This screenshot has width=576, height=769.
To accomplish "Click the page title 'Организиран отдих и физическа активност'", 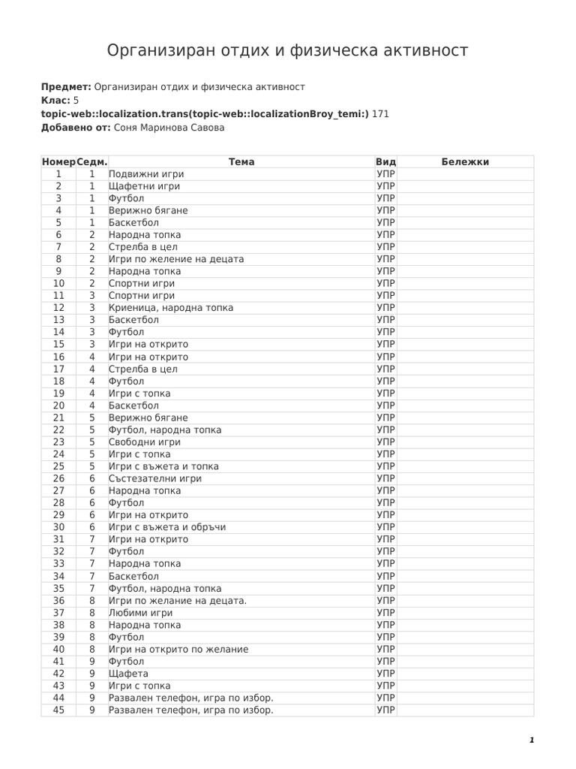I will (x=287, y=50).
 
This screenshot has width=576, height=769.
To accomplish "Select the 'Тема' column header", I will (x=241, y=161).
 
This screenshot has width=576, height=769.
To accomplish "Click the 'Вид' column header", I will (x=385, y=161).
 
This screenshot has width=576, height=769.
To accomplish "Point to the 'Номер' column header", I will (x=58, y=161).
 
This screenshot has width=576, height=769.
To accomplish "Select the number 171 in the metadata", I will (x=380, y=113).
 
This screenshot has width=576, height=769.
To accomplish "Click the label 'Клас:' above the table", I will (x=55, y=100).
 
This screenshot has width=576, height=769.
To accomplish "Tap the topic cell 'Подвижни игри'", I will (x=146, y=173).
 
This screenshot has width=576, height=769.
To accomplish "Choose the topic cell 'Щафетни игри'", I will (x=144, y=185).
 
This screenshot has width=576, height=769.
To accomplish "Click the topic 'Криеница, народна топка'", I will (x=171, y=307).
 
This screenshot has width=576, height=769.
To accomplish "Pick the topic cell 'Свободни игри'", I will (x=145, y=442).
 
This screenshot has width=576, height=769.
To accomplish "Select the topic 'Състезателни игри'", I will (x=155, y=478).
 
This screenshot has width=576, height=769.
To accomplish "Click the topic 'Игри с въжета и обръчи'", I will (x=167, y=527).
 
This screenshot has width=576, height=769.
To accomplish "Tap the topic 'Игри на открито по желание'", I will (x=178, y=649).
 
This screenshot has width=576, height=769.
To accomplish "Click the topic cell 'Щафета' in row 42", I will (x=128, y=674).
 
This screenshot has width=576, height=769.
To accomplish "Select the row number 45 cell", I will (x=58, y=710).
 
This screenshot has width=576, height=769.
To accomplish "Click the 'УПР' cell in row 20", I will (x=385, y=406).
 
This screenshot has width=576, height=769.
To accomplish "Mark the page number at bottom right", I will (x=531, y=740).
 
